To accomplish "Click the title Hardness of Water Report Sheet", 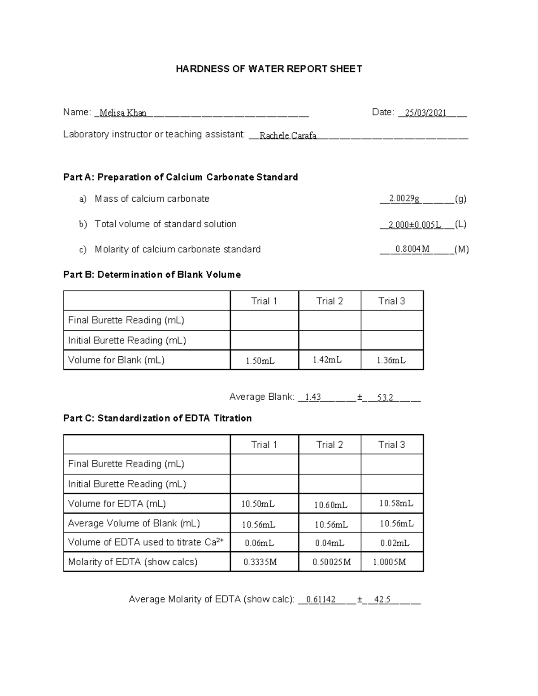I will click(x=269, y=69).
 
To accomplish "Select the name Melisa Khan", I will click(x=123, y=113).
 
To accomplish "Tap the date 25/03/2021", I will click(x=425, y=113).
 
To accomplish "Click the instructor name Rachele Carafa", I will click(x=288, y=135).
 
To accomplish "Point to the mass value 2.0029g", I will click(x=404, y=199).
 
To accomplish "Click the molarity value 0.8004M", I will click(x=412, y=249).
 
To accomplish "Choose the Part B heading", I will click(x=152, y=275).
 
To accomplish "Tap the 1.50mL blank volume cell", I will click(x=260, y=360).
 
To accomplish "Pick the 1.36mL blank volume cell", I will click(x=391, y=360).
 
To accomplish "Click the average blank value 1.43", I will click(x=312, y=397).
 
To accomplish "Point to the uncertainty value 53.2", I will click(x=385, y=398).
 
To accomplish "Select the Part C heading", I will click(x=157, y=418).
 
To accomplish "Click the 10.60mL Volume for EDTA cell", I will click(x=330, y=505).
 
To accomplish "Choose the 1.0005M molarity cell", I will click(x=389, y=562).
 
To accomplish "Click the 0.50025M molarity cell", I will click(x=332, y=562).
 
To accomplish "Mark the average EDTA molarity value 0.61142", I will click(x=321, y=600).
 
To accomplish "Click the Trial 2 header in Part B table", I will click(x=330, y=301).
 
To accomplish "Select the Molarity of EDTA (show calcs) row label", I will click(x=133, y=562).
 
